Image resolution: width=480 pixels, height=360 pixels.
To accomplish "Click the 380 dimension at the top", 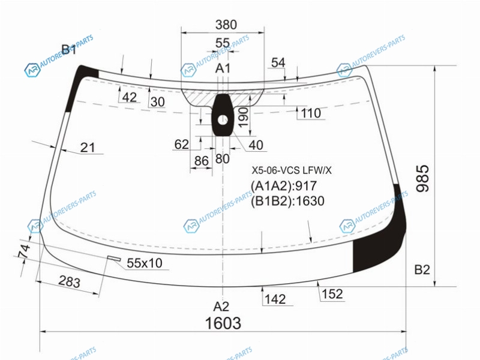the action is coord(226,25).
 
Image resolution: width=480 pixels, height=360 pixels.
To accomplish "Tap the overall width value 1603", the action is coord(223,323).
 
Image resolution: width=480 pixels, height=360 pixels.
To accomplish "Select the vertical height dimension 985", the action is coord(423,178).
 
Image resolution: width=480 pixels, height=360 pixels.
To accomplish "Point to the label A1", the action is coord(223,68).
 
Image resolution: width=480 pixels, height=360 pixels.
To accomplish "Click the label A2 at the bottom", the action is coord(221,307).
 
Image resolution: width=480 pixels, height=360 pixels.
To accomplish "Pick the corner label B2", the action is coord(422,269).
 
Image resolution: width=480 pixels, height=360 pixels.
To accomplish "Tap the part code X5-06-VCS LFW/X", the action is coord(292,170).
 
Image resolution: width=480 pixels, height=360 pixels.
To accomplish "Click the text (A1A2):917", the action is coord(284,186).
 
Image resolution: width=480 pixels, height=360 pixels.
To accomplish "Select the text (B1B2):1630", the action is coord(288,201).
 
